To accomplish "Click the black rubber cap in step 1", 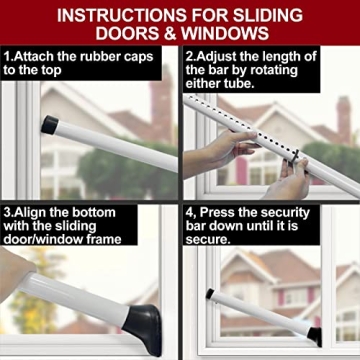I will (x=49, y=126).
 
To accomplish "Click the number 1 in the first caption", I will (x=7, y=56).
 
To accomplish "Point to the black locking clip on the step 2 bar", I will (x=294, y=155).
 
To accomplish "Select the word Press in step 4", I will (x=224, y=211).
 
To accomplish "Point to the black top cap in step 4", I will (x=209, y=295).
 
